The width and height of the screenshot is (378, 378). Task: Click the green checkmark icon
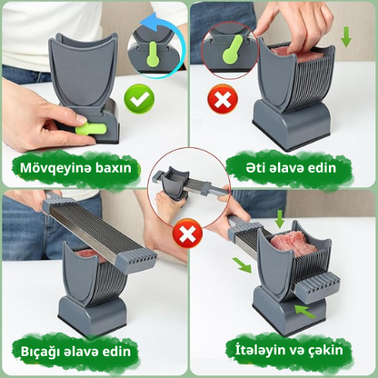coord(139,99)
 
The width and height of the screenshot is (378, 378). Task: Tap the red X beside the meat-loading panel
coord(223,99)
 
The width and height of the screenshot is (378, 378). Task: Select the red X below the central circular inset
coord(187,234)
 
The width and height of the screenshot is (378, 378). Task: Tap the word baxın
coord(114,167)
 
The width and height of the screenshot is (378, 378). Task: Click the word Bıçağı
coord(39,352)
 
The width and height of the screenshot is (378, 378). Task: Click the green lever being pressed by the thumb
coord(91,128)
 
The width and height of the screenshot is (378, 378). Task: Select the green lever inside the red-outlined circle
coord(232,49)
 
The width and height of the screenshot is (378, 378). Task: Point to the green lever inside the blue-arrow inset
coord(154,54)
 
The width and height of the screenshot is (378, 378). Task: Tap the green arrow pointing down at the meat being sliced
coord(280,219)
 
